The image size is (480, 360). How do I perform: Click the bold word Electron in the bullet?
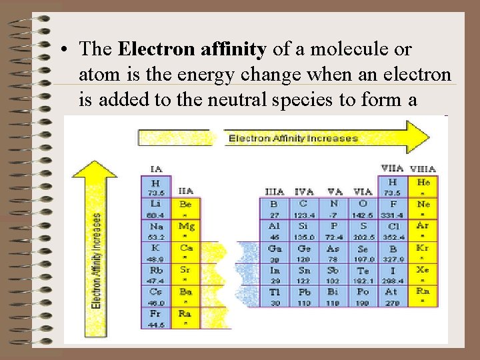tap(147, 49)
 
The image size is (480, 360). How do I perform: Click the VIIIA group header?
tap(423, 169)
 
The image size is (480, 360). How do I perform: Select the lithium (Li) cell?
tap(155, 209)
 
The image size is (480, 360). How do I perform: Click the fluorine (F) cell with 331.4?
tap(392, 209)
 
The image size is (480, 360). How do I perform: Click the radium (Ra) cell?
tap(185, 318)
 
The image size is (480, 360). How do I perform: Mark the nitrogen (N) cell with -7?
tap(333, 209)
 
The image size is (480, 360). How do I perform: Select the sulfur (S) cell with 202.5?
tap(363, 231)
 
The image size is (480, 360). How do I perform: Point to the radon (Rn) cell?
tap(423, 296)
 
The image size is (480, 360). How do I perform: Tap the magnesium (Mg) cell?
tap(185, 231)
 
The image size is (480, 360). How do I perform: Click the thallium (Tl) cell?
tap(274, 296)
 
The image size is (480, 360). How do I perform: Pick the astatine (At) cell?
tap(392, 296)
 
